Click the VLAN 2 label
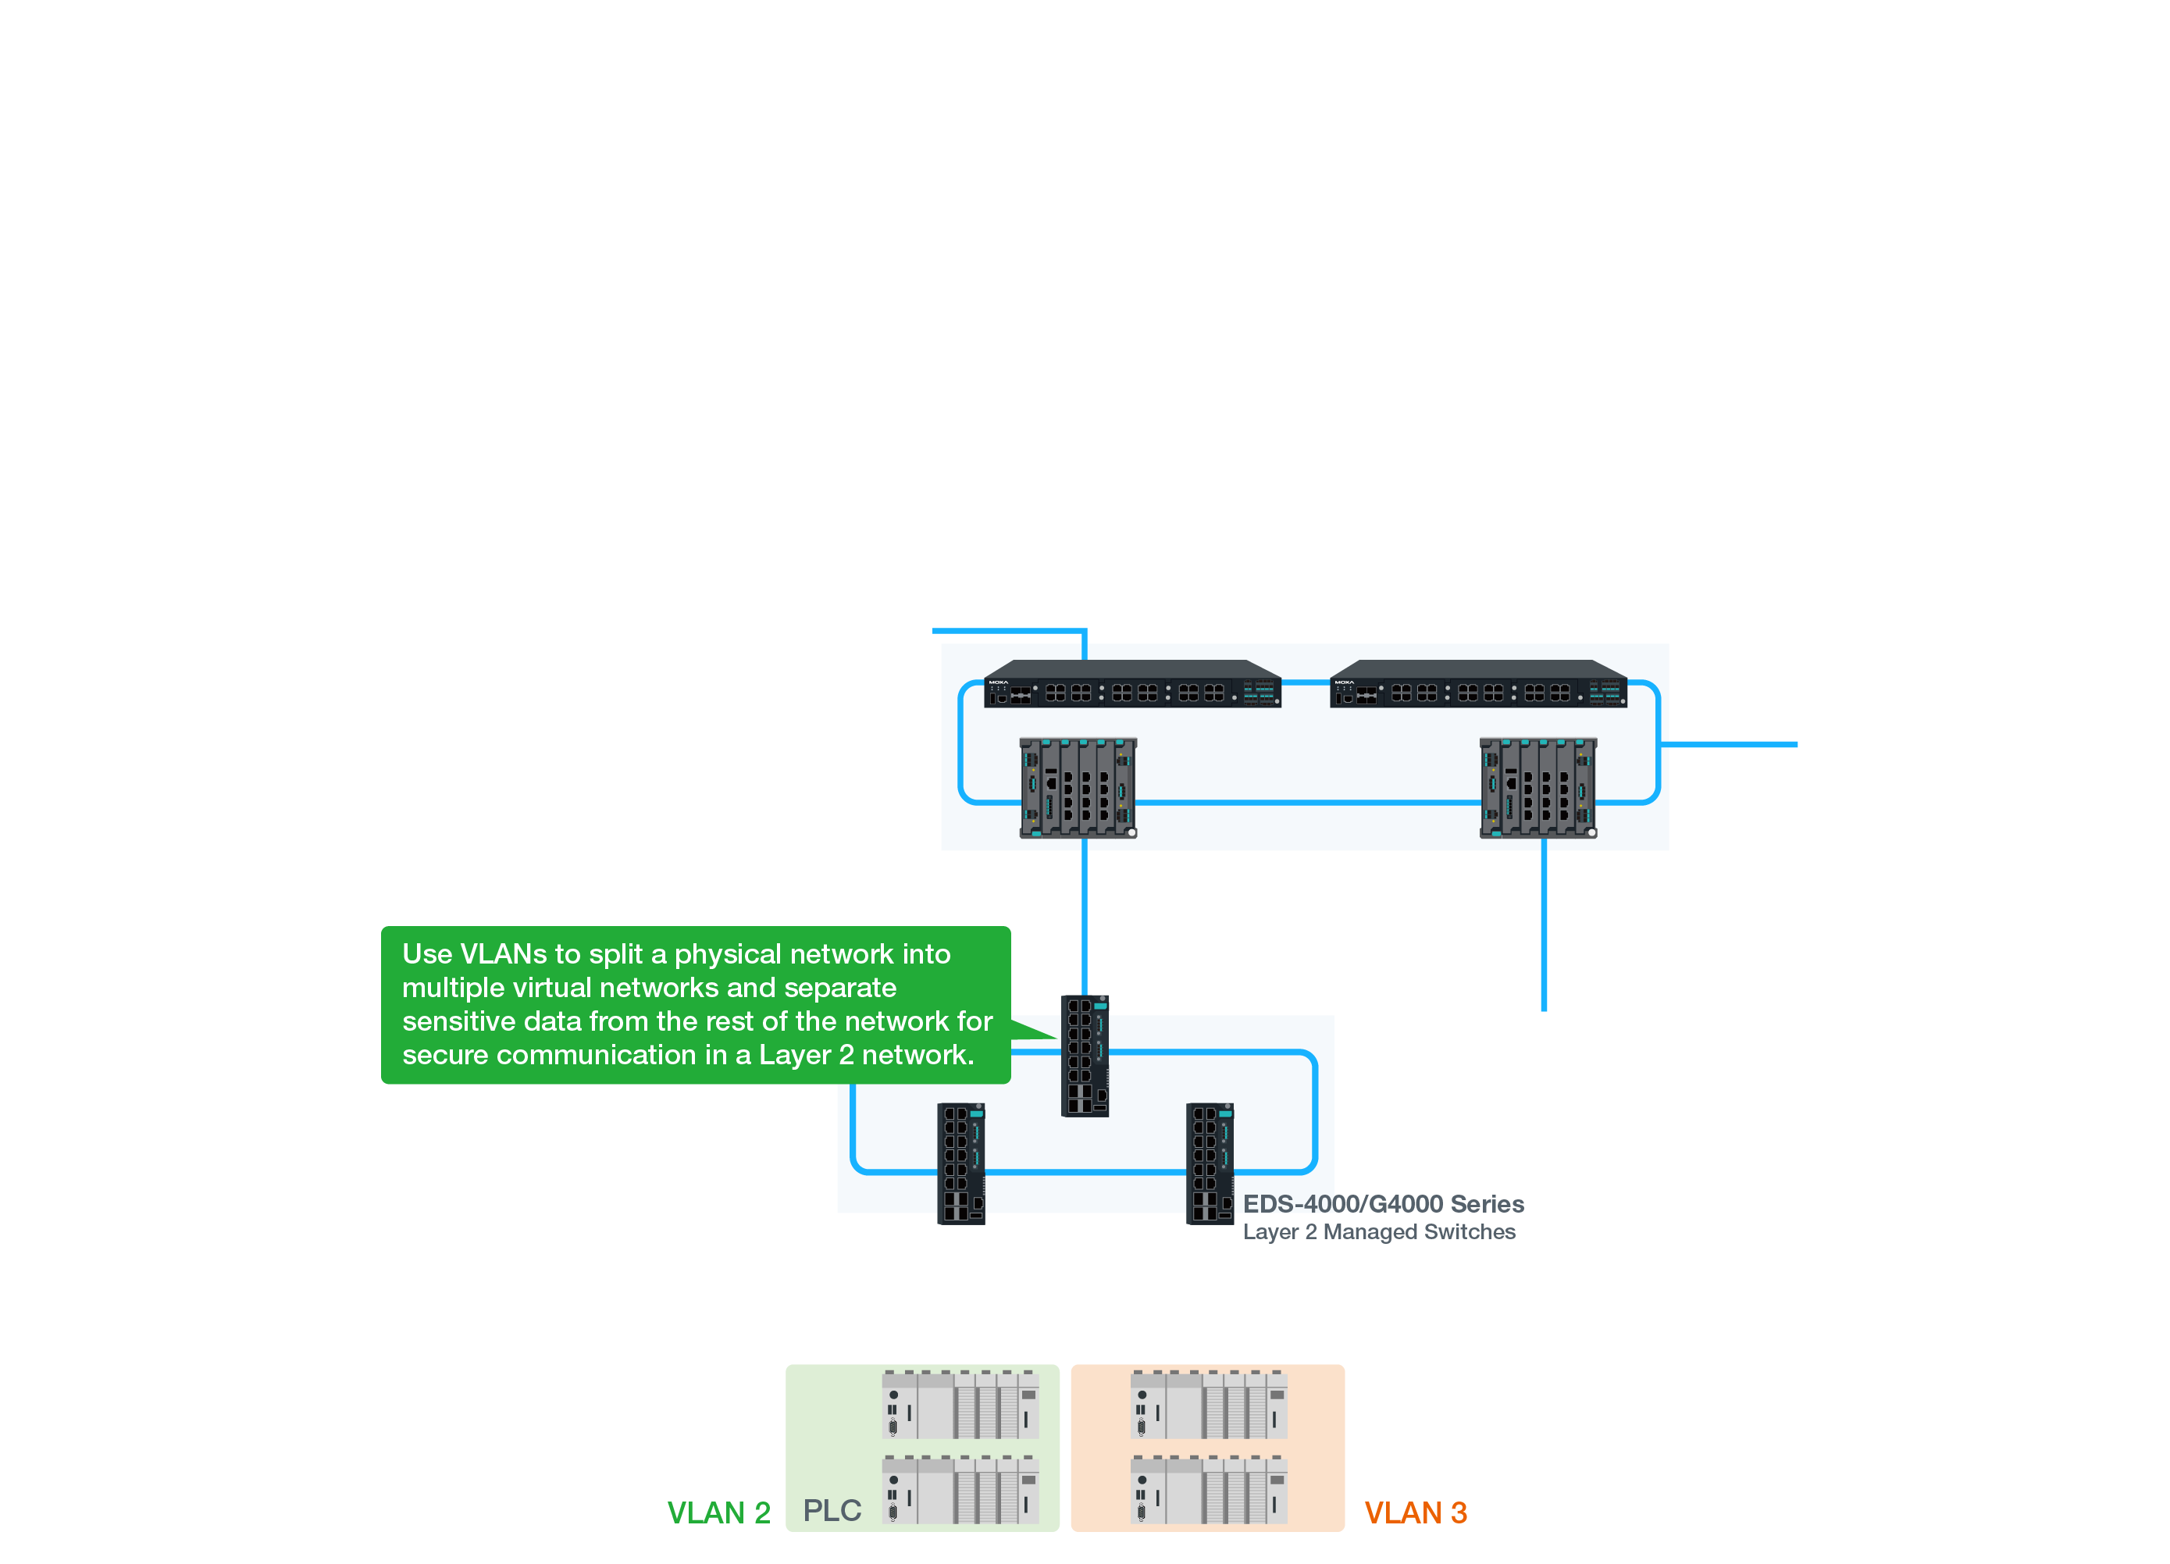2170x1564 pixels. [718, 1512]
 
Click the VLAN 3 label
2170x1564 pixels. [1415, 1512]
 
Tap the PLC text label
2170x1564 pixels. [832, 1510]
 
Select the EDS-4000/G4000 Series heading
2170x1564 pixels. [1383, 1204]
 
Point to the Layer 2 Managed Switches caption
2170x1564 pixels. [1379, 1232]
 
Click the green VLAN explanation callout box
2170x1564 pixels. [696, 1004]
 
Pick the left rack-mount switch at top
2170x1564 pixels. [1132, 685]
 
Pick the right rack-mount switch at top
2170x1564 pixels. [1478, 685]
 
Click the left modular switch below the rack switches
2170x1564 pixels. [1078, 788]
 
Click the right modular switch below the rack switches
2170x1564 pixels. [1538, 788]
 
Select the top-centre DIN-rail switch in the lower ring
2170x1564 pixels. [1085, 1056]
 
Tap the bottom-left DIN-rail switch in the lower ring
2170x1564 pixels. [960, 1164]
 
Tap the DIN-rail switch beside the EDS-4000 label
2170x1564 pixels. [1210, 1164]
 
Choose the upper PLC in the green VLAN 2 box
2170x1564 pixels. [960, 1405]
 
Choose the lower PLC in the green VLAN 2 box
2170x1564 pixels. [960, 1491]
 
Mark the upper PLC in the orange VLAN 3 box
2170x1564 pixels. [1209, 1405]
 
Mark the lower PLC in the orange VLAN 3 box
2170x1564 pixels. [1209, 1491]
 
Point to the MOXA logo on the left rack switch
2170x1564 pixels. [998, 682]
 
